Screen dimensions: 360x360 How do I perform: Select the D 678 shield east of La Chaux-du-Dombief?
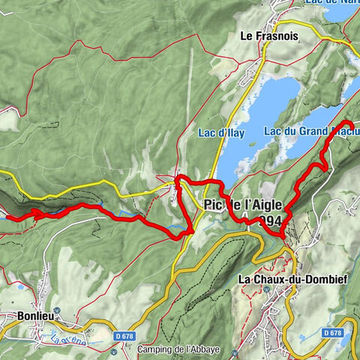pos(334,332)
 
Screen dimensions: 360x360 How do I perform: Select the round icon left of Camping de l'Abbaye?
pos(130,349)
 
